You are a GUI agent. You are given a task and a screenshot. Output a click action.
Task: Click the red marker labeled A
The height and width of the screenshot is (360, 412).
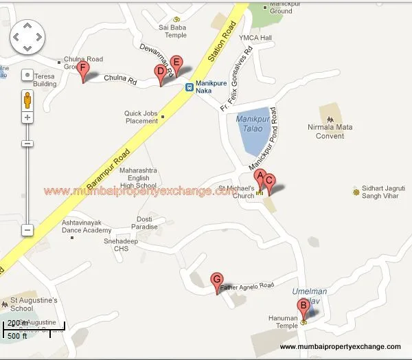[x=260, y=176]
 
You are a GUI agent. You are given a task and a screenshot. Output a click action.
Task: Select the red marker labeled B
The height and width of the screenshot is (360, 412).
[x=302, y=306]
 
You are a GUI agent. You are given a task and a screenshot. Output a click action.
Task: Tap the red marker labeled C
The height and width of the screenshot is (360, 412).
[x=269, y=181]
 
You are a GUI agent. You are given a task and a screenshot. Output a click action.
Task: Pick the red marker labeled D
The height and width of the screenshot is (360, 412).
[x=161, y=71]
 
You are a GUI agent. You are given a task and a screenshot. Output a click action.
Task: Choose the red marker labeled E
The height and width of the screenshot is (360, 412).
[x=176, y=63]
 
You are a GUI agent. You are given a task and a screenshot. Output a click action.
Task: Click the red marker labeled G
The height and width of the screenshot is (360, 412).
[x=218, y=280]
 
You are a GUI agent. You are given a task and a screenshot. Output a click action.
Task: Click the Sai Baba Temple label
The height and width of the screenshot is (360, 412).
[x=172, y=32]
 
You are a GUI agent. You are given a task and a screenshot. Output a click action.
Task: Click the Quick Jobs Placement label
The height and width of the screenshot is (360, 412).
[x=141, y=117]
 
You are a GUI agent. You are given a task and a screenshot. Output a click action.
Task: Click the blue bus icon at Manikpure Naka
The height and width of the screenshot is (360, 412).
[x=189, y=87]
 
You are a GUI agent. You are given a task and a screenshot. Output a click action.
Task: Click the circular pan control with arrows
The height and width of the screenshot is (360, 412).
[x=27, y=36]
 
